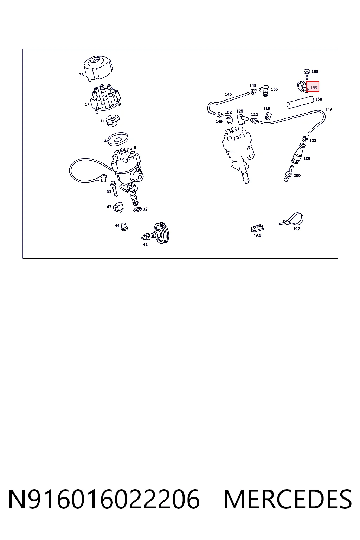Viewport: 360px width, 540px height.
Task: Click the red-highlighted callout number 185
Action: [314, 88]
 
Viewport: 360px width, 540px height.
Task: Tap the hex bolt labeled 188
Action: [307, 74]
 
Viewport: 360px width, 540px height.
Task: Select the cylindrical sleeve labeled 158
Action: [300, 102]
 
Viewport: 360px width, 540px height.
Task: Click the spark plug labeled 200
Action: [288, 174]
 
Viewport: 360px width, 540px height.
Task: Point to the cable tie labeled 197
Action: [292, 219]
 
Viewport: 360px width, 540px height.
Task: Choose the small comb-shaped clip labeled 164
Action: [257, 228]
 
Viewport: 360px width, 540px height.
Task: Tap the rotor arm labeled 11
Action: [112, 120]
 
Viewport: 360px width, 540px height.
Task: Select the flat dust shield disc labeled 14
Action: [118, 139]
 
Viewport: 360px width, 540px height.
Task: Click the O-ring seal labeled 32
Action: [137, 210]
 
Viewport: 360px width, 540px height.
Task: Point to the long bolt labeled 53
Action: [114, 189]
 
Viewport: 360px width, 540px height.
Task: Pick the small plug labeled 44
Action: [124, 227]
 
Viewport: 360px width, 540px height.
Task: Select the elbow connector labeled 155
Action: [264, 90]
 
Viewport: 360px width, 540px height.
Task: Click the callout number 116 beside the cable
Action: [329, 110]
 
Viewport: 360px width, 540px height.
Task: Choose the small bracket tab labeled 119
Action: [268, 116]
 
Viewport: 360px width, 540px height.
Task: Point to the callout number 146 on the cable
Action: [228, 94]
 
